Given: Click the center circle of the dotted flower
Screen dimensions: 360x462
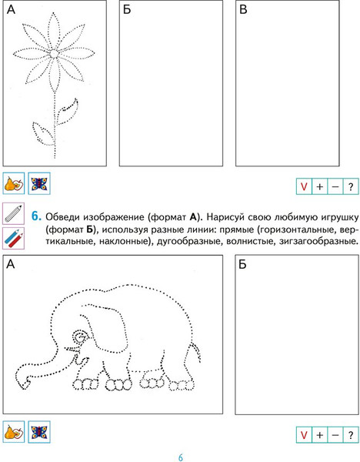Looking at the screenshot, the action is click(54, 53).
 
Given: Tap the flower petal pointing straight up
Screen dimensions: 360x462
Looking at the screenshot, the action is click(54, 30).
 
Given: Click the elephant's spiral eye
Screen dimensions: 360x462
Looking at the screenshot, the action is click(80, 336).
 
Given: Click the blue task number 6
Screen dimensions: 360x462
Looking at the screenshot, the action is click(36, 216).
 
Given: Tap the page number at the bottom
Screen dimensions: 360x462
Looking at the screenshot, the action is click(181, 457).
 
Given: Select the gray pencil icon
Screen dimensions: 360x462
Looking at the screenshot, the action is click(14, 213).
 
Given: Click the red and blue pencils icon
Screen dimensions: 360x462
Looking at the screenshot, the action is click(14, 238).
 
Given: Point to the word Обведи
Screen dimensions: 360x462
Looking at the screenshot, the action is click(62, 217).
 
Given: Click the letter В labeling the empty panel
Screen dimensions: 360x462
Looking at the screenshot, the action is click(243, 9).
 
